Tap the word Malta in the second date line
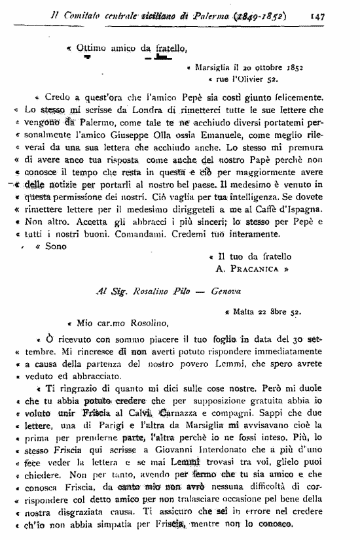(x=245, y=311)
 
